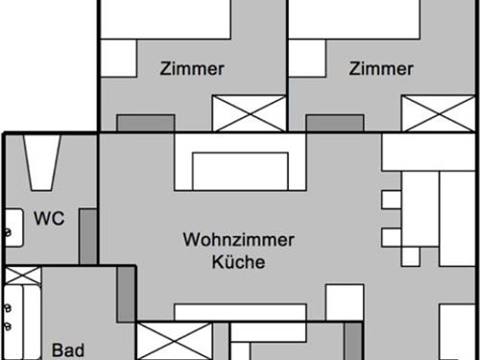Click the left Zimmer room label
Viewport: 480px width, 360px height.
(x=193, y=68)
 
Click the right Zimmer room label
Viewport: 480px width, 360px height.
(x=381, y=68)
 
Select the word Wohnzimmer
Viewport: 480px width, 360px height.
(x=238, y=240)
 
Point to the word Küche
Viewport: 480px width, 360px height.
(x=238, y=261)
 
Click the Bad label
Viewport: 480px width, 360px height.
(x=67, y=349)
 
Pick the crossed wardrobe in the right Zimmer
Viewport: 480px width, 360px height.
(x=438, y=113)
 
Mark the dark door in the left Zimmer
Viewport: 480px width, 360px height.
(x=146, y=123)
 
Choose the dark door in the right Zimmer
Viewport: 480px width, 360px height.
(x=335, y=123)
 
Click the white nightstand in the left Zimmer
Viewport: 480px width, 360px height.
(x=118, y=59)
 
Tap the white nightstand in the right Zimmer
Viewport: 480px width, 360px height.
(x=307, y=59)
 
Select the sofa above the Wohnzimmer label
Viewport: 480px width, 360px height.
(x=240, y=165)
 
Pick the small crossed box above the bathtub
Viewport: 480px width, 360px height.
(x=21, y=276)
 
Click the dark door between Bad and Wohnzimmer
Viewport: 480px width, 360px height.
(x=126, y=295)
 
